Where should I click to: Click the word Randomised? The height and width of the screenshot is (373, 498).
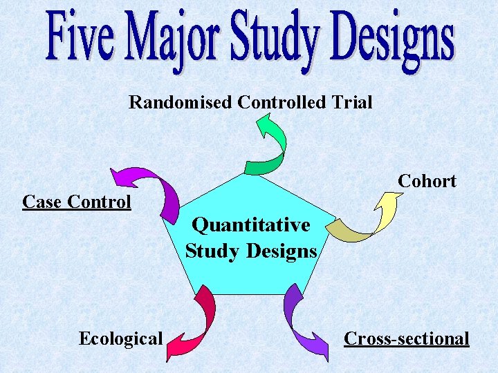pos(181,103)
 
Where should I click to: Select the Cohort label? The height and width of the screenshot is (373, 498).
pos(427,182)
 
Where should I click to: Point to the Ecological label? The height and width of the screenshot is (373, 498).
pos(120,338)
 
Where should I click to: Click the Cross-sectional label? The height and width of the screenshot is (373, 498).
pos(407,338)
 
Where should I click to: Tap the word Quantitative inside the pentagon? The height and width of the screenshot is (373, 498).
pos(251,225)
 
